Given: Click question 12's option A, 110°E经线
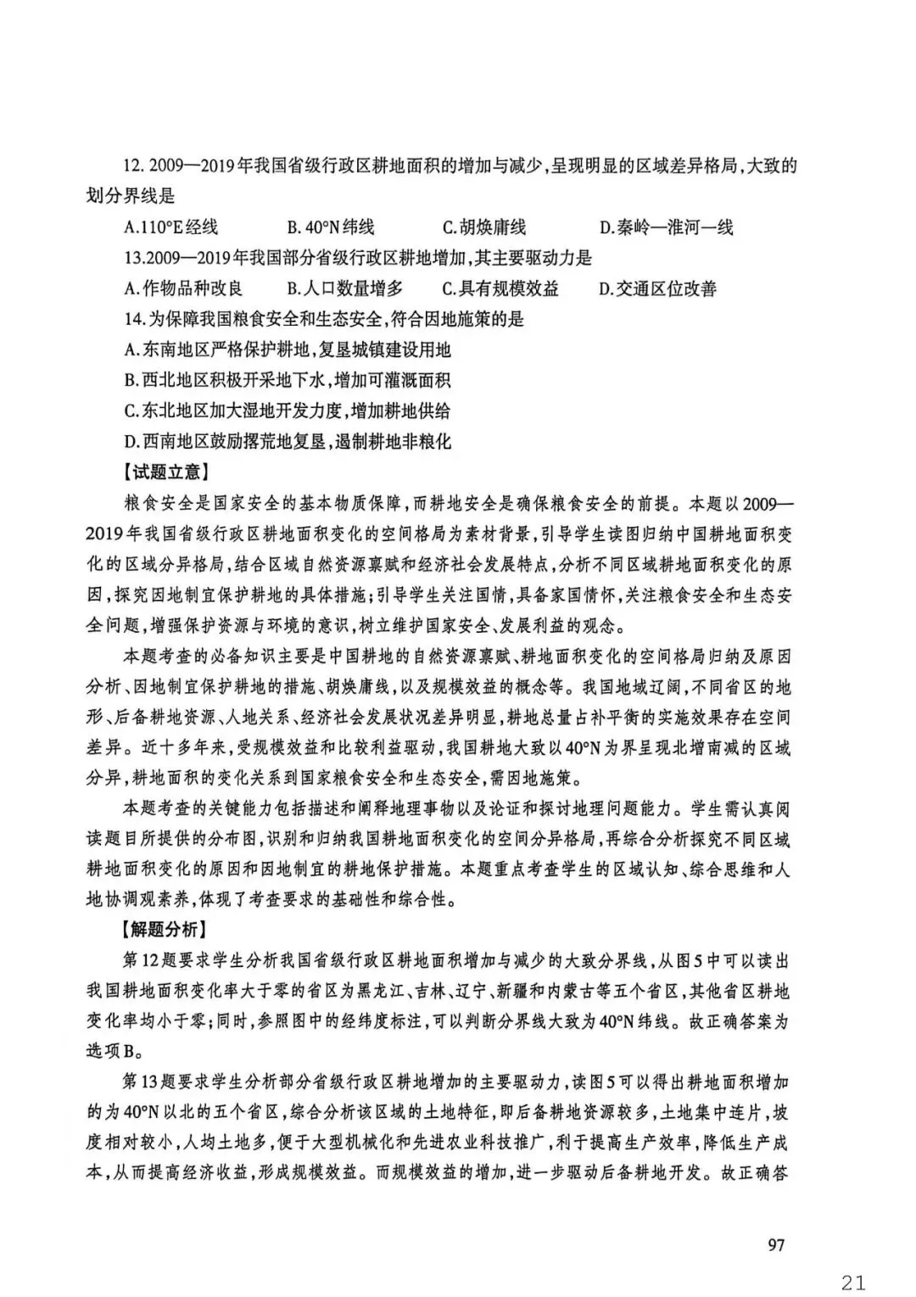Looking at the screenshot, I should (x=170, y=227).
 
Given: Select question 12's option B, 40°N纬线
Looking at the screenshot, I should (x=330, y=227).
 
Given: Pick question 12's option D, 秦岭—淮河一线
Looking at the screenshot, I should (x=666, y=227).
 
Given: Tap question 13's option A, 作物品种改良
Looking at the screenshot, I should (x=183, y=288).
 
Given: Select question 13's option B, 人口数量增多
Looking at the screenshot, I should (x=344, y=288).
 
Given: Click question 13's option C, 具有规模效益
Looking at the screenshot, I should (x=500, y=288).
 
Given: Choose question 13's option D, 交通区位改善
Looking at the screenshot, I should (x=657, y=288).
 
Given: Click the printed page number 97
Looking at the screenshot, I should (x=775, y=1244).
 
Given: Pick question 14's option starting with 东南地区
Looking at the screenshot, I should (x=288, y=349).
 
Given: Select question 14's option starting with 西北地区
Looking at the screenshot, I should (x=288, y=380).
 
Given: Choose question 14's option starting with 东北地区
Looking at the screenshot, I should (x=288, y=411).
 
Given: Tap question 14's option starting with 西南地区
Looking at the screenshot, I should (x=288, y=441).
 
